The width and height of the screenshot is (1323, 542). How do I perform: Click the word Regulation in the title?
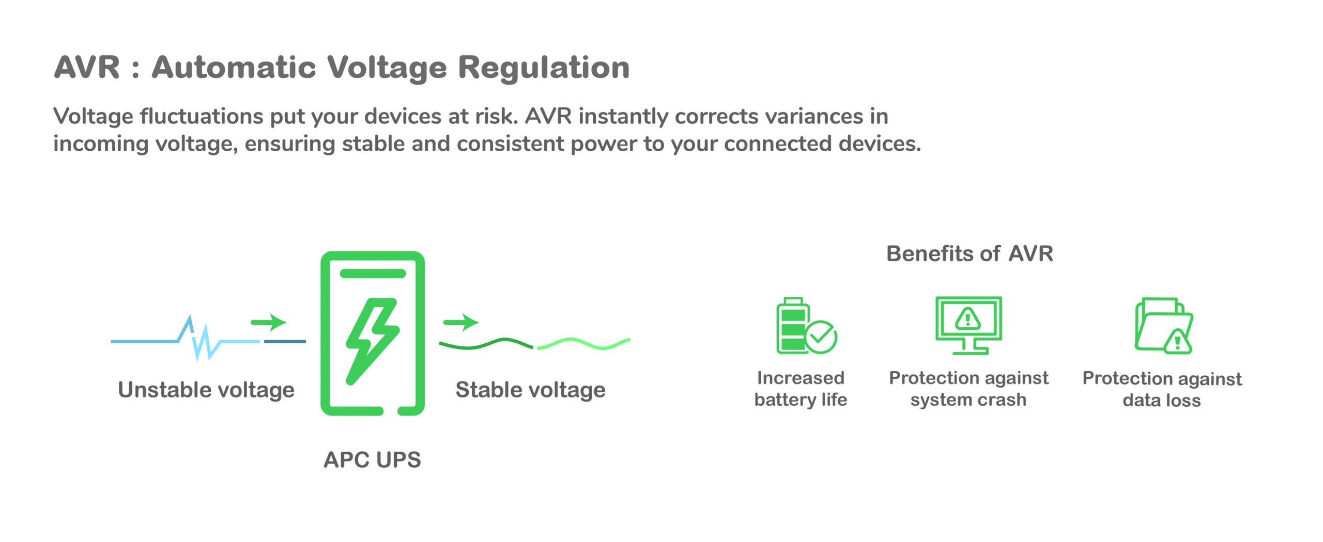coord(543,68)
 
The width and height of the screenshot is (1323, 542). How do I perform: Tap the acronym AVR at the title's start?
coord(87,68)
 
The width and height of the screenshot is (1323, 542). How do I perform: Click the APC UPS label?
coord(372,459)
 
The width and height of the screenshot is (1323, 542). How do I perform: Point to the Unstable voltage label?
coord(206,390)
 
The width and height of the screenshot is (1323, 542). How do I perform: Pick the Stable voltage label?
coord(530,390)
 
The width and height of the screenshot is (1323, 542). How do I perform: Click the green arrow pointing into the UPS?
coord(268,322)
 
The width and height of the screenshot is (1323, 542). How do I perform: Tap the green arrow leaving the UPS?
coord(461,322)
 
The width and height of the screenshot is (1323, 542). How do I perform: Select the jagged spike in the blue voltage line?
coord(199,338)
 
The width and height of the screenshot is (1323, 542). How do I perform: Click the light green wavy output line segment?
coord(584,343)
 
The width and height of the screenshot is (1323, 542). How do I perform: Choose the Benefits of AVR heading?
coord(970,253)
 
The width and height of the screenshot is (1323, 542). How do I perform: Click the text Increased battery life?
coord(801,389)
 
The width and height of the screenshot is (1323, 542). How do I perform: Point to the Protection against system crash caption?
coord(968,389)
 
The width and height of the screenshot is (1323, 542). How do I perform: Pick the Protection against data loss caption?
coord(1162,389)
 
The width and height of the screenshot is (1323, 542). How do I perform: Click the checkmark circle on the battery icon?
coord(821,337)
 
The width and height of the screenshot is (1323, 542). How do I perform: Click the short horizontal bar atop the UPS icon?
coord(373,274)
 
